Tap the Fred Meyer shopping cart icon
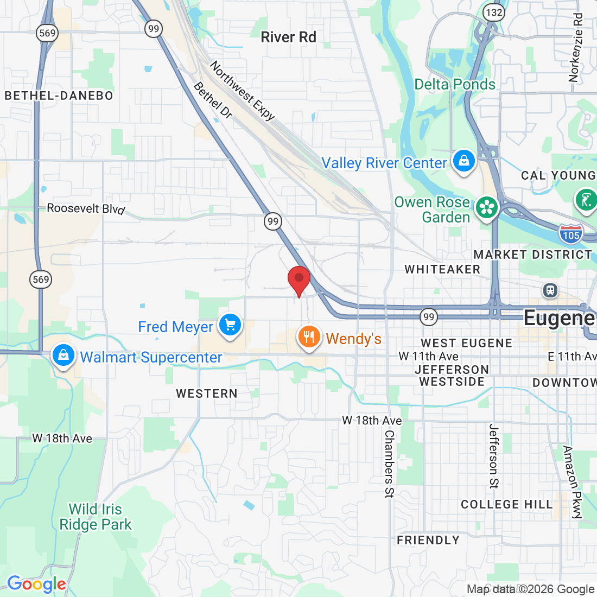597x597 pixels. tap(230, 325)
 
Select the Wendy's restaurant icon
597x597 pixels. tap(309, 337)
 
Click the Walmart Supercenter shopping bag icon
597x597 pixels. tap(63, 355)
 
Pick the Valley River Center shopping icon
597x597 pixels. tap(463, 161)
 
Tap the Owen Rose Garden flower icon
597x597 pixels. tap(487, 208)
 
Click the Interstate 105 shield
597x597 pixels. tap(571, 234)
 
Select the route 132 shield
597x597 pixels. tap(494, 12)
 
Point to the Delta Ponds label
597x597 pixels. tap(455, 84)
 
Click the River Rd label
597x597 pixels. tap(288, 37)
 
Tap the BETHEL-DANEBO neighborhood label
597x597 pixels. tap(59, 96)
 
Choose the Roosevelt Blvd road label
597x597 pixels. tap(86, 208)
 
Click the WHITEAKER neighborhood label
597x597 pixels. tap(442, 269)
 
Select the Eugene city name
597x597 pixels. tap(558, 318)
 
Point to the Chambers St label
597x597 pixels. tap(389, 463)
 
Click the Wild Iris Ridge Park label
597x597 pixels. tap(96, 517)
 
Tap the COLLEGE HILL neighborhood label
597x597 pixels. tap(506, 504)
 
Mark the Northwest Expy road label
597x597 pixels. tap(243, 90)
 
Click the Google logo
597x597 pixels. tap(36, 584)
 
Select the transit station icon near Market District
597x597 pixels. tap(550, 290)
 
